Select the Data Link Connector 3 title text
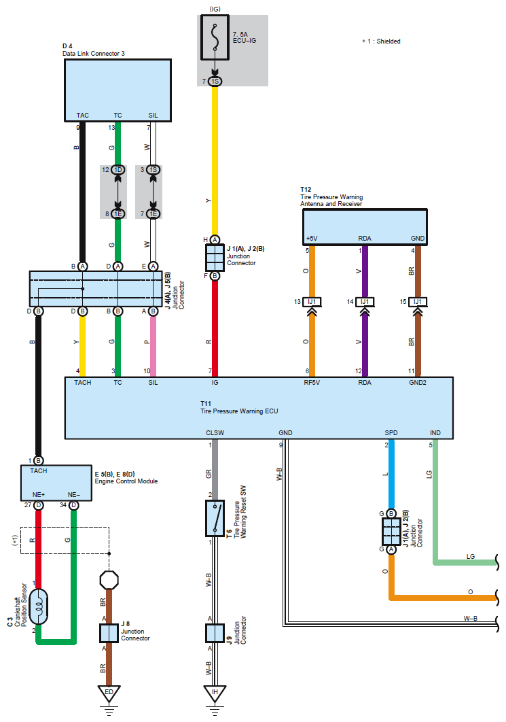click(94, 53)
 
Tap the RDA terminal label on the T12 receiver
click(365, 239)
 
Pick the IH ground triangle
click(215, 693)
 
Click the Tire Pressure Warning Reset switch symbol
click(215, 518)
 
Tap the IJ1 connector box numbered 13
click(312, 301)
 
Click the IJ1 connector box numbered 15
click(418, 301)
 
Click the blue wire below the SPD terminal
click(391, 476)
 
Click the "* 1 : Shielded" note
click(381, 41)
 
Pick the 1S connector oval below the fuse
click(215, 82)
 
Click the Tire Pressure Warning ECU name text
click(239, 411)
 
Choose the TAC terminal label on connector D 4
click(82, 116)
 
